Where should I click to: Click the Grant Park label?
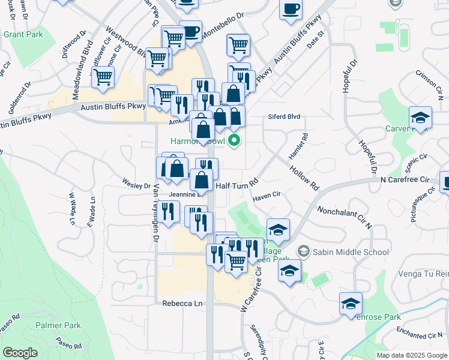click(x=23, y=34)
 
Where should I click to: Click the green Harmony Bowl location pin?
click(x=234, y=142)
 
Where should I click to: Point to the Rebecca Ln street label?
click(x=182, y=304)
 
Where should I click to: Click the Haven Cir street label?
click(x=267, y=195)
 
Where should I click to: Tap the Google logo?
click(x=20, y=352)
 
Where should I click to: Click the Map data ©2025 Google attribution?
click(x=411, y=355)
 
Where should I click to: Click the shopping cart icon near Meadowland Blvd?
click(x=103, y=77)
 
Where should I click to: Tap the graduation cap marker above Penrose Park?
click(x=351, y=303)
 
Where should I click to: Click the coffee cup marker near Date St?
click(x=291, y=10)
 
